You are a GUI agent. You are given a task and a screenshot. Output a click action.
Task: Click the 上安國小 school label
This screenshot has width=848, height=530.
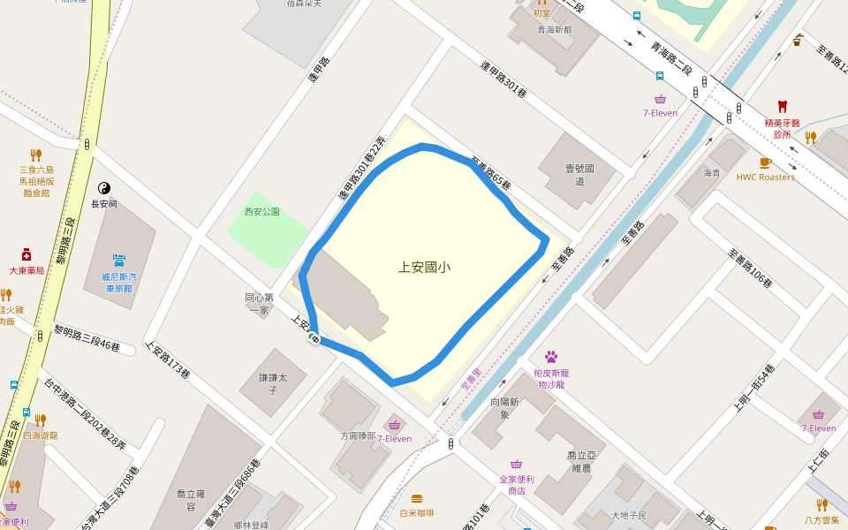pyautogui.click(x=424, y=266)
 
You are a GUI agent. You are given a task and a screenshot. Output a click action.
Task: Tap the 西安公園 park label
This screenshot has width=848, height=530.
pyautogui.click(x=262, y=212)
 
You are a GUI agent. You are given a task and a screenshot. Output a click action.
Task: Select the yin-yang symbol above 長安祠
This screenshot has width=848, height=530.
pyautogui.click(x=103, y=188)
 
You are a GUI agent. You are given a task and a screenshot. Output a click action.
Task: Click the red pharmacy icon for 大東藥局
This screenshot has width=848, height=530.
pyautogui.click(x=26, y=254)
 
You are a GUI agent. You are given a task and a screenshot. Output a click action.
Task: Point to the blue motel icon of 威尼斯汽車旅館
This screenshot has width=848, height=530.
pyautogui.click(x=118, y=261)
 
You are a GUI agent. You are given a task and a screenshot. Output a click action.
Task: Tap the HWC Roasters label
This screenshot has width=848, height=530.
pyautogui.click(x=765, y=177)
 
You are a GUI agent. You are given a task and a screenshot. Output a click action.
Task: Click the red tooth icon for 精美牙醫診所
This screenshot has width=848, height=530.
pyautogui.click(x=782, y=107)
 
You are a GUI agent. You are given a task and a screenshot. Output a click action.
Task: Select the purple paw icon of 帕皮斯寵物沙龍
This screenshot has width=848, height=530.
pyautogui.click(x=551, y=357)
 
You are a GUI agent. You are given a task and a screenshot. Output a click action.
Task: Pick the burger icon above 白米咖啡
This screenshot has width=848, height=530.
pyautogui.click(x=416, y=499)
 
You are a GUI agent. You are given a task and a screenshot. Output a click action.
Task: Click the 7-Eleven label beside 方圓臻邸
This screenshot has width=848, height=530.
pyautogui.click(x=394, y=439)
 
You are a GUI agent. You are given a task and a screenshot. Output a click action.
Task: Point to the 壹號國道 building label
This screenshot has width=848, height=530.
pyautogui.click(x=579, y=174)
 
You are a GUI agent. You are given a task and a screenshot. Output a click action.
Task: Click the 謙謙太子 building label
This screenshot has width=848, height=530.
pyautogui.click(x=269, y=383)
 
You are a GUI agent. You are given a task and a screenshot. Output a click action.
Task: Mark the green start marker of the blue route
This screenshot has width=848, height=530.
pyautogui.click(x=314, y=338)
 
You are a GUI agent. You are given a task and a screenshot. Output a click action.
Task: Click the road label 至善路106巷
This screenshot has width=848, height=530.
pyautogui.click(x=750, y=267)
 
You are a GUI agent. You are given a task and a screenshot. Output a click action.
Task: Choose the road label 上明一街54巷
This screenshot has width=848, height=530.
pyautogui.click(x=754, y=388)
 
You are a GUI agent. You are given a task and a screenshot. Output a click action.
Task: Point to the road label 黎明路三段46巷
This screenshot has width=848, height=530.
pyautogui.click(x=87, y=338)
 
